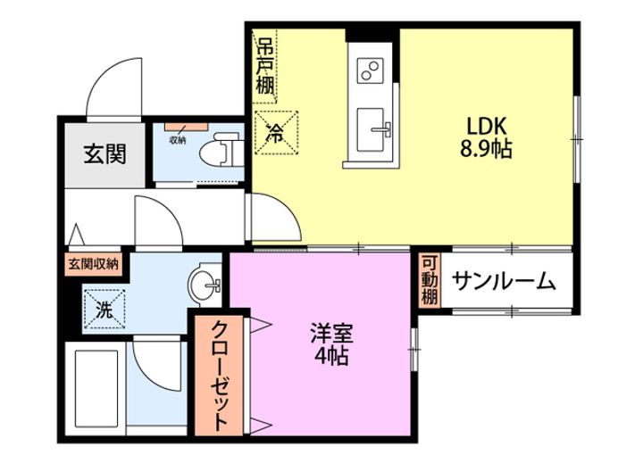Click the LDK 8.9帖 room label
pos(486,137)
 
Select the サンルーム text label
pos(504,282)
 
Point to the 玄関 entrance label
pos(105,153)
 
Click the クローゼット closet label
pos(220,375)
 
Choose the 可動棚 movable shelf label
pos(430,280)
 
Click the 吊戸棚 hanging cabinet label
pos(265,66)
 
